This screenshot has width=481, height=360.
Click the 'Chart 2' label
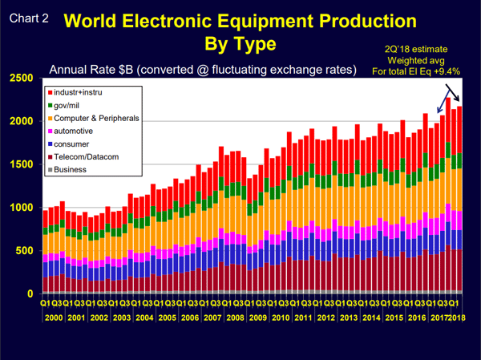point(27,15)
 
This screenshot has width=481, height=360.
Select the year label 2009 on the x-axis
point(257,318)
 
